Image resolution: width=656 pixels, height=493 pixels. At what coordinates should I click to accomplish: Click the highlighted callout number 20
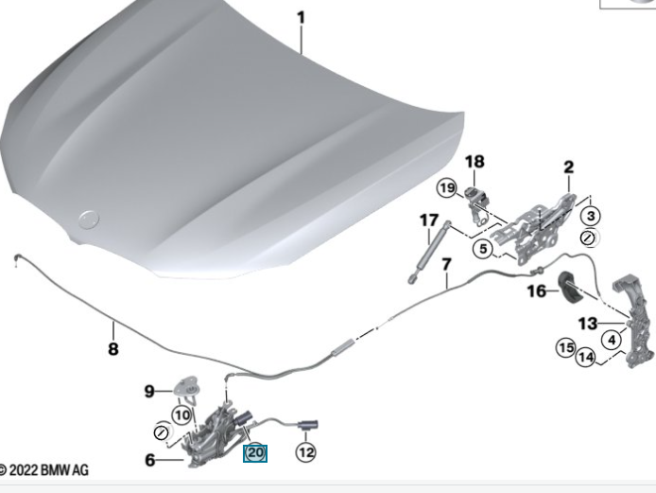[x=255, y=453]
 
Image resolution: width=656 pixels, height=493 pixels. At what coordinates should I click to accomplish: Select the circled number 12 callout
[x=306, y=452]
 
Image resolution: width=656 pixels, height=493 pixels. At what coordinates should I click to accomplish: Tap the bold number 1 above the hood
[x=302, y=18]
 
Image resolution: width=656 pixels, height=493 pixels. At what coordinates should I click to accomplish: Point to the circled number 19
[x=447, y=187]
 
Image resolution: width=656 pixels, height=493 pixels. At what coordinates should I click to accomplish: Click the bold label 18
[x=475, y=162]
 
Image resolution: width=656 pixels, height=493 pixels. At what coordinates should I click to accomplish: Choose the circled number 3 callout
[x=591, y=216]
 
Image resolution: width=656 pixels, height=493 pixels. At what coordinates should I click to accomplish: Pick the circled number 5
[x=483, y=249]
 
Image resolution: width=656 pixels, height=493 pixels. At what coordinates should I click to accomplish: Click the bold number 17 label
[x=429, y=220]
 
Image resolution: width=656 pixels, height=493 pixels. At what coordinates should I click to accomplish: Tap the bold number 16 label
[x=537, y=291]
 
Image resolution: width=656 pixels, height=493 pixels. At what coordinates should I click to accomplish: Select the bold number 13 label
[x=588, y=324]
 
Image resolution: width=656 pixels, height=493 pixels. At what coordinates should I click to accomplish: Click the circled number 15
[x=566, y=347]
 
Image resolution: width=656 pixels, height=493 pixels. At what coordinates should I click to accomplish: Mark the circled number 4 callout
[x=612, y=340]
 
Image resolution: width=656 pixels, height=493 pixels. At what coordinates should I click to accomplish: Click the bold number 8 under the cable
[x=113, y=348]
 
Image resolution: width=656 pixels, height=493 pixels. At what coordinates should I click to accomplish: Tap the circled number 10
[x=182, y=415]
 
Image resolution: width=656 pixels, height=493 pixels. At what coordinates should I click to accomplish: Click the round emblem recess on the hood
[x=89, y=220]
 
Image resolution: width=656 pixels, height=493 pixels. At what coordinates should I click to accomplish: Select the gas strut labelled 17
[x=429, y=252]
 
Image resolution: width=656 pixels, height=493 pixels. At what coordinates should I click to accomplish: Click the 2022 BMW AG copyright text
[x=43, y=470]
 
